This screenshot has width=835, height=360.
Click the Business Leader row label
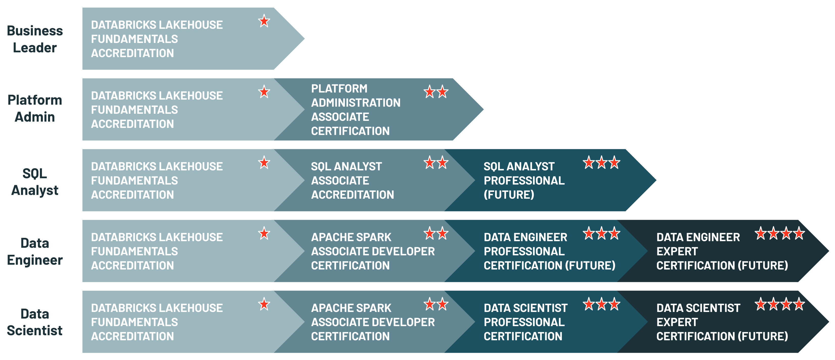point(35,39)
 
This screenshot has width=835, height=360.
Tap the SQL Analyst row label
point(35,182)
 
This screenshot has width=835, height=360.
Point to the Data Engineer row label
point(35,251)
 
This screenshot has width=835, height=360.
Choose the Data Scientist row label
point(35,322)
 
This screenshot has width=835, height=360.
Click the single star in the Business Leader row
point(264,21)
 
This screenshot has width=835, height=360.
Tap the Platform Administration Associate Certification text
point(356,110)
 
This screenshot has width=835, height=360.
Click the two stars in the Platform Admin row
point(436,92)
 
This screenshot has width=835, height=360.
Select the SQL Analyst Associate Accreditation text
point(352,180)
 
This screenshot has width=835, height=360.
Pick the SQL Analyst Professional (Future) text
point(524,180)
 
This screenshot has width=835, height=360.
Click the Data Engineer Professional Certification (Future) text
point(549,251)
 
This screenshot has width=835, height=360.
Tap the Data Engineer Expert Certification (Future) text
point(722,251)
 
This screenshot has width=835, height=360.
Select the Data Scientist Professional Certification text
point(525,322)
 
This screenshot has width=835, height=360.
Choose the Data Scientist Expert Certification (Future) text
point(722,322)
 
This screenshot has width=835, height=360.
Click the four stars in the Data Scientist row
point(780,304)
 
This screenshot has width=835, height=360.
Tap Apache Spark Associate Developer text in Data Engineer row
point(373,251)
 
